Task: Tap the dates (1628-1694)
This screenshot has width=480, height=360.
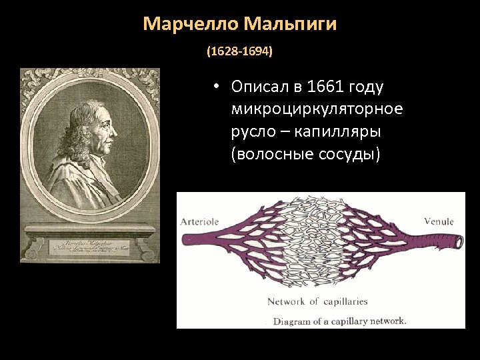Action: [x=239, y=51]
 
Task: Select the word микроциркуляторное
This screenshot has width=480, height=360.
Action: [x=317, y=109]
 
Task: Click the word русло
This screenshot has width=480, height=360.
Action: [x=252, y=131]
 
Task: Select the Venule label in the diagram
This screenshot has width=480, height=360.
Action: [x=439, y=222]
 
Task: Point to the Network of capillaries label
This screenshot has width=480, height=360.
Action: [x=317, y=301]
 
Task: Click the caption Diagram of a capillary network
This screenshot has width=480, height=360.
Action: [x=339, y=321]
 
